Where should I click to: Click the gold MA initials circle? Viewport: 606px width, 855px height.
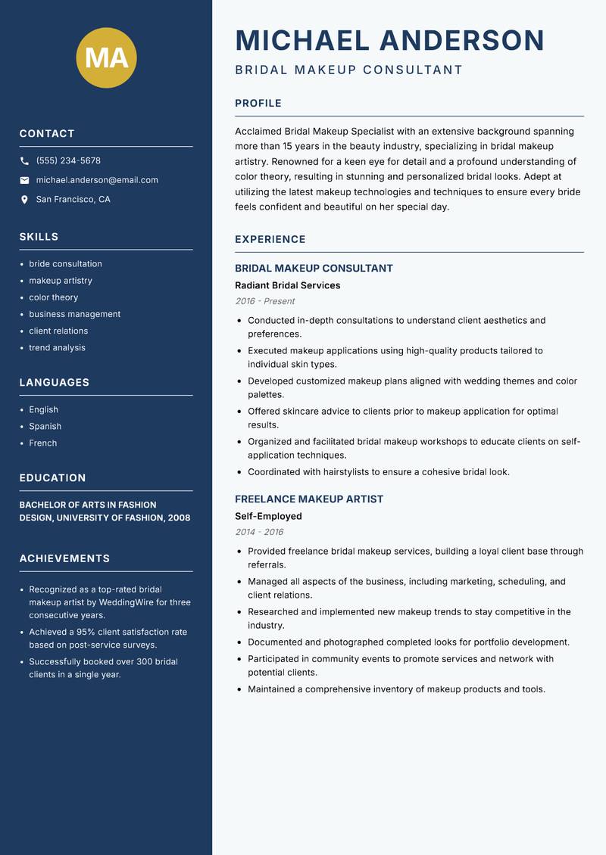[x=106, y=58]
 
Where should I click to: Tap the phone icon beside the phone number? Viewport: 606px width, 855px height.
[x=24, y=161]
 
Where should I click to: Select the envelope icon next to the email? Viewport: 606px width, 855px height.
[x=24, y=180]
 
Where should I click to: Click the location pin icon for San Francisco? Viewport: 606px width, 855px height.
[x=24, y=200]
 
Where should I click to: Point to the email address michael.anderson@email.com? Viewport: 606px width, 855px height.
[x=97, y=180]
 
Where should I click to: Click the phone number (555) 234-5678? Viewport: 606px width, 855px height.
[x=68, y=160]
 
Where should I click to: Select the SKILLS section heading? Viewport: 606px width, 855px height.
[x=39, y=237]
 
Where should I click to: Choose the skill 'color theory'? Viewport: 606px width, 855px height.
[x=54, y=297]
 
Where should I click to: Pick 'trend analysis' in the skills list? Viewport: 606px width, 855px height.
[x=57, y=347]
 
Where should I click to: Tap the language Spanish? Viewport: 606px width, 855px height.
[x=45, y=426]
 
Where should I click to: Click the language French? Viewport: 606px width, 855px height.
[x=43, y=443]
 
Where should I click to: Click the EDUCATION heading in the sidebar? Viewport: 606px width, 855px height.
[x=52, y=478]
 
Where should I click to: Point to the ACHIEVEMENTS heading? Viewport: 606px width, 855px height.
[x=64, y=558]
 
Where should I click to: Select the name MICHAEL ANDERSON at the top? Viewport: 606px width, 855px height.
[x=390, y=40]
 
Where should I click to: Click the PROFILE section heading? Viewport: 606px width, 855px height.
[x=258, y=104]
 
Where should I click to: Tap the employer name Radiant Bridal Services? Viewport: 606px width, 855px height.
[x=288, y=285]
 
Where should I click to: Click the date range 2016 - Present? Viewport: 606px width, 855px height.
[x=265, y=301]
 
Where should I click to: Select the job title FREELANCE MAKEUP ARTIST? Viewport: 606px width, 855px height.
[x=309, y=499]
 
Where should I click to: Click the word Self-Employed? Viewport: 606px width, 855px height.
[x=268, y=516]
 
